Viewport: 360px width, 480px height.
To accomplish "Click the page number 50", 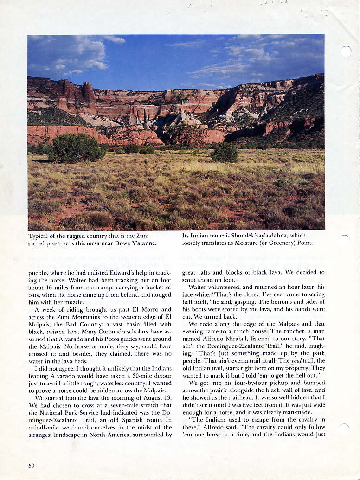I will coord(32,466).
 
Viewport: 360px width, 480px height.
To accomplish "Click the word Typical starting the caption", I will coord(39,236).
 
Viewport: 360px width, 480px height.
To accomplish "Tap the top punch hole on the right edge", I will coord(345,51).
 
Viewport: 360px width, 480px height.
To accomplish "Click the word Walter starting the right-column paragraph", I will coord(199,287).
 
